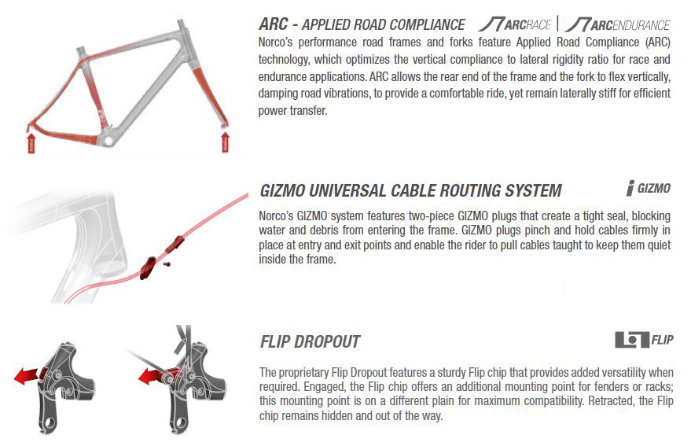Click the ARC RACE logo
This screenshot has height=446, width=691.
point(515,24)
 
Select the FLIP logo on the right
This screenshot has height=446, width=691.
point(644,340)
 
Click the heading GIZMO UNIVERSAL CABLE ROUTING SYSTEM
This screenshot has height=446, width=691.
point(410,191)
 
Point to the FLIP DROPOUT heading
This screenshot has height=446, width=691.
point(310,342)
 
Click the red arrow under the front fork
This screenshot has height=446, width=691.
point(226,142)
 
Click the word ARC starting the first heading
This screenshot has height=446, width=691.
point(274,24)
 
